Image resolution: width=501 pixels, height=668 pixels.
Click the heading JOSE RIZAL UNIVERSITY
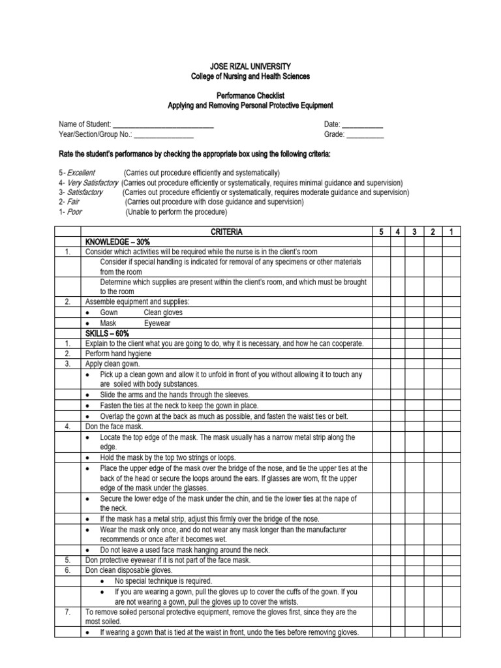click(x=250, y=67)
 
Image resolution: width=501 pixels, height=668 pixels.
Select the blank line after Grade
click(x=365, y=135)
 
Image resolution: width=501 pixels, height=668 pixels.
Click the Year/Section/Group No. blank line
click(x=164, y=135)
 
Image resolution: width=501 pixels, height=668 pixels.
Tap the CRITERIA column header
click(x=226, y=232)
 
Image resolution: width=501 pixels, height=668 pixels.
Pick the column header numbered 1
click(x=450, y=232)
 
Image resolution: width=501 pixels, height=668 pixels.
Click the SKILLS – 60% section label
click(x=108, y=333)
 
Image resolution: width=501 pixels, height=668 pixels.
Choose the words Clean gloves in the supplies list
click(x=163, y=312)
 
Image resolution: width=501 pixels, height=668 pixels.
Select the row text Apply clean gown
click(x=112, y=363)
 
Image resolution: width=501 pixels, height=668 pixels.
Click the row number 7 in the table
click(x=67, y=612)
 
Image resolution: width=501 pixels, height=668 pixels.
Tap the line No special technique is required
click(x=163, y=581)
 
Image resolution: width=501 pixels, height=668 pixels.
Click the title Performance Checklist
click(x=250, y=95)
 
